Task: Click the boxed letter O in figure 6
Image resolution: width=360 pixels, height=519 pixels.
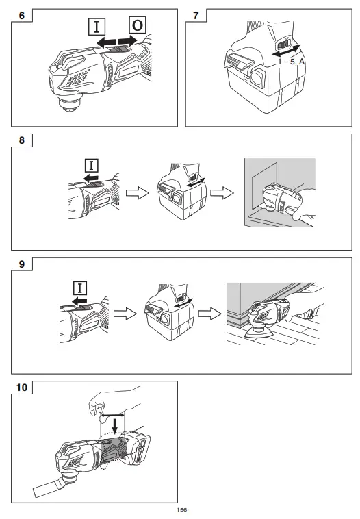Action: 138,25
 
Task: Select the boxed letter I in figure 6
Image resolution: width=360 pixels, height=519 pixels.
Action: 97,27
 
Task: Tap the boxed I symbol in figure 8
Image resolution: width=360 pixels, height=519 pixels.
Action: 92,165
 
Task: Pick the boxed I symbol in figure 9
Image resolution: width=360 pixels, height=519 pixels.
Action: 80,288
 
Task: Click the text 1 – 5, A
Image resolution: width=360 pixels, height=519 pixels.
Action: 291,62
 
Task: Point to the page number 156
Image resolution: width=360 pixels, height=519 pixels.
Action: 181,510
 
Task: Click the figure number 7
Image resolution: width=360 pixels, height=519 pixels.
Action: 196,16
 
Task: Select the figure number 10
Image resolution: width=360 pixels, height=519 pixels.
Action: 22,388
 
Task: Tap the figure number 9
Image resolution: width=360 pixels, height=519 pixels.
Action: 22,264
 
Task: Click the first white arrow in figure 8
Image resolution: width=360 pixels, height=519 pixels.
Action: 138,193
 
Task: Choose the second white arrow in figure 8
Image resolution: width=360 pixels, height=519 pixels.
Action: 222,193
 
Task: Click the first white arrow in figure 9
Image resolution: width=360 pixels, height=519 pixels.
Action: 125,314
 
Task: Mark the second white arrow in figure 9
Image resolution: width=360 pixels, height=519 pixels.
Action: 210,314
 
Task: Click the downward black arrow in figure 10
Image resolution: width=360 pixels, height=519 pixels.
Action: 115,426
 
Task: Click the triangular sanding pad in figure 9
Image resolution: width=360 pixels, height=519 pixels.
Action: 259,332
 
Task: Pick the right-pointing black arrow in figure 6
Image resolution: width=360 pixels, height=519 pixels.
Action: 128,41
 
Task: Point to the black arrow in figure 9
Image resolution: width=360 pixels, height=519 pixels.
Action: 79,301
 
